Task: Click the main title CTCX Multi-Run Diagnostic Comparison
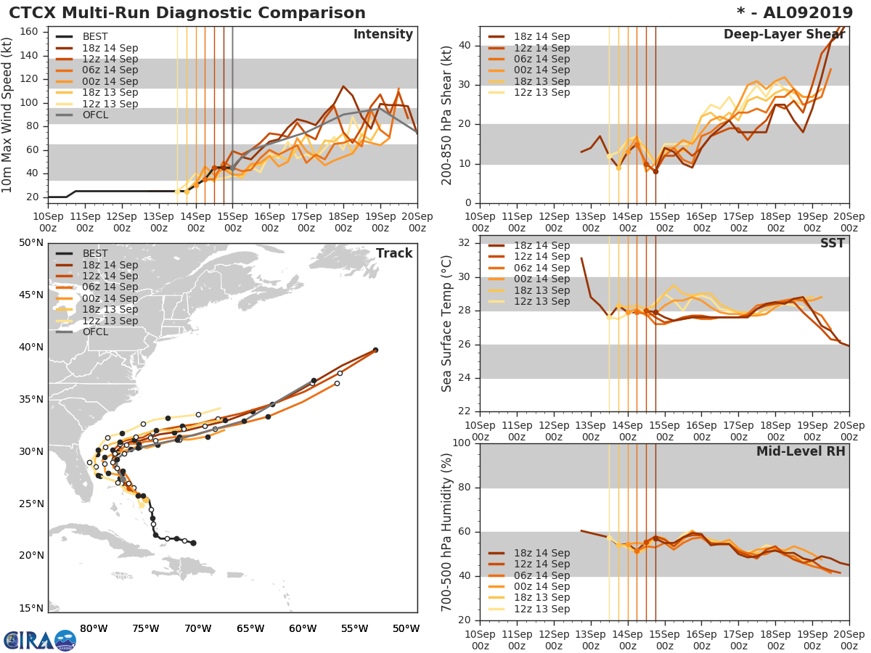[187, 13]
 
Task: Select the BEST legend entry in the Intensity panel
[95, 36]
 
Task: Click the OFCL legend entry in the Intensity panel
[95, 115]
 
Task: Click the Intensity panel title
[383, 35]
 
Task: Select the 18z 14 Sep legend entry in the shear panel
[541, 37]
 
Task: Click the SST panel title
[832, 243]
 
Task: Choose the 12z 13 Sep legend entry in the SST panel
[541, 302]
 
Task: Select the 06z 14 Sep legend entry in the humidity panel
[541, 575]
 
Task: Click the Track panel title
[393, 253]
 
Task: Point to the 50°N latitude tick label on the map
[31, 242]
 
